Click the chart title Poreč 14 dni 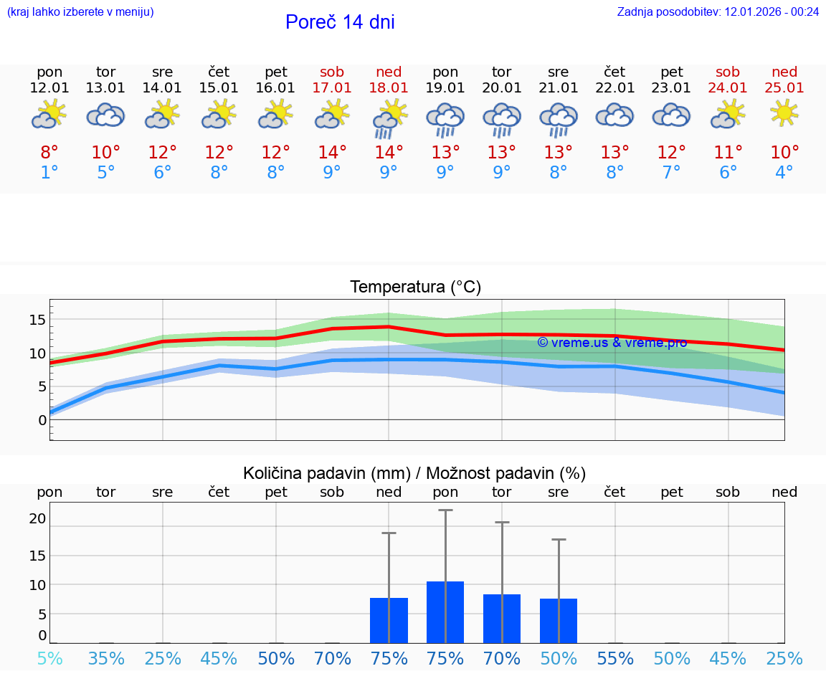[340, 22]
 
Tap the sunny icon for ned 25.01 [784, 113]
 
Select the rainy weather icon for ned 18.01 [389, 118]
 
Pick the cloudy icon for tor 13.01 [106, 115]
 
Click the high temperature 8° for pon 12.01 [49, 153]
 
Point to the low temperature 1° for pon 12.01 [49, 173]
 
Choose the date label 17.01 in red [332, 88]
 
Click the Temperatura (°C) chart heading [415, 287]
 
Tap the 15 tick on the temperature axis [37, 320]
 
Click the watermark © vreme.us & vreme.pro [612, 343]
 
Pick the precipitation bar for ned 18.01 [389, 620]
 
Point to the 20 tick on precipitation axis [37, 518]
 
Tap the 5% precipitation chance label [49, 659]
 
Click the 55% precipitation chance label [614, 659]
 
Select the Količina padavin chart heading [414, 473]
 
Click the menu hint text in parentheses [80, 12]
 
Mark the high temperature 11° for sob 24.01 [728, 153]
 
